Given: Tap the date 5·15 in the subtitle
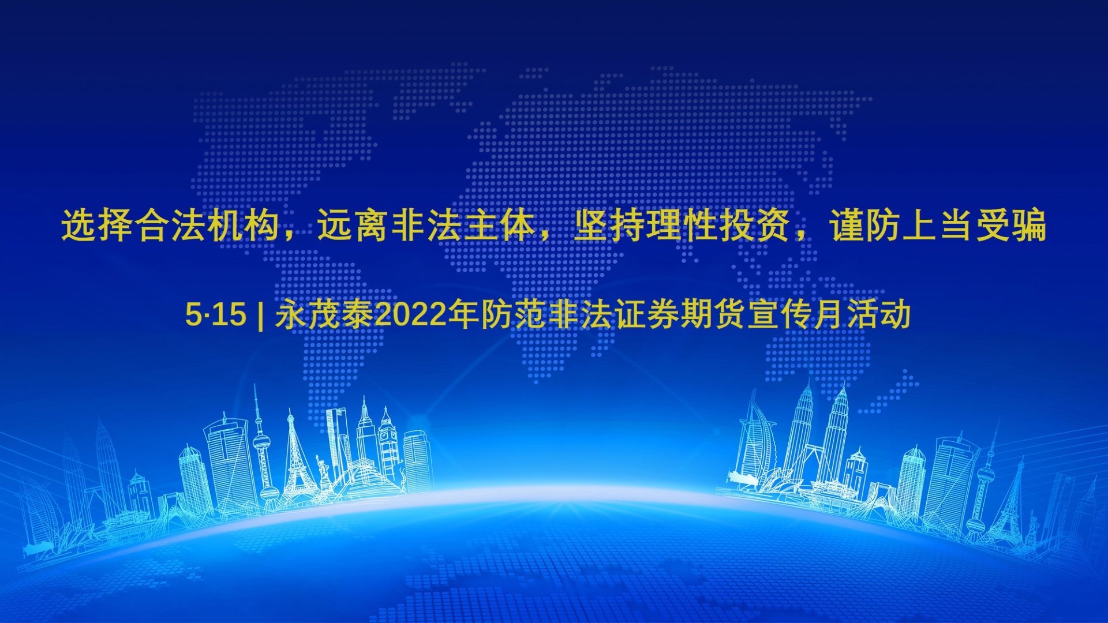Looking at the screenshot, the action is [215, 315].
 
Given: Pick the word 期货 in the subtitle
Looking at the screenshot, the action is [713, 315].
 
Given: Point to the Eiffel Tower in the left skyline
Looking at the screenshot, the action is [297, 456].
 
